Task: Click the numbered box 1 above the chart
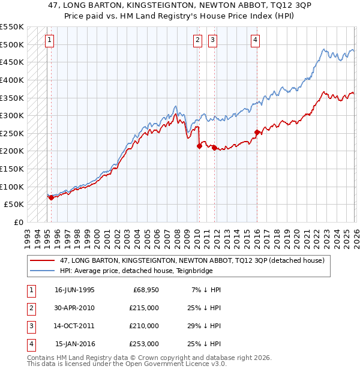[x=49, y=40]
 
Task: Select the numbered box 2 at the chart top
[x=197, y=40]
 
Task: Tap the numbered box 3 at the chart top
[x=212, y=40]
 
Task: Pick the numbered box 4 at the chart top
[x=255, y=40]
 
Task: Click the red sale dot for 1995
[x=51, y=197]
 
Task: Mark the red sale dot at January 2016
[x=257, y=132]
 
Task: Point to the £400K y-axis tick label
[x=11, y=80]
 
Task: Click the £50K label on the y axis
[x=14, y=205]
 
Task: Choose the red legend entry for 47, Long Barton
[x=192, y=260]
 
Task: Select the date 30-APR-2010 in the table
[x=74, y=307]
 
